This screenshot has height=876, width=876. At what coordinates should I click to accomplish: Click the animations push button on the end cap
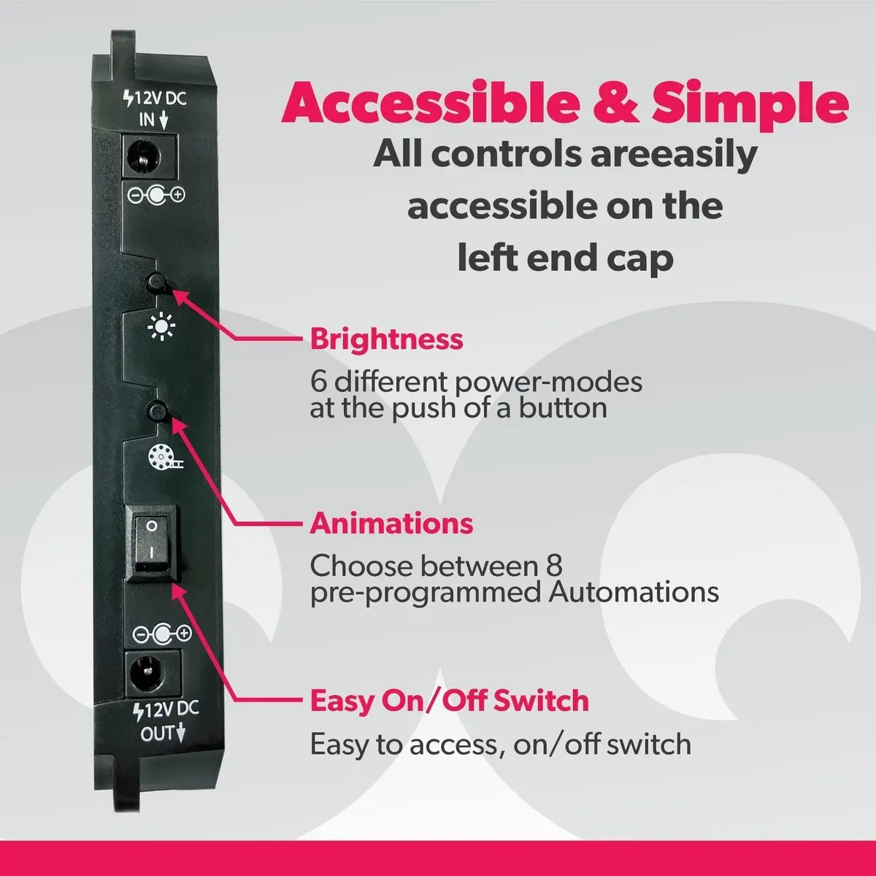point(158,412)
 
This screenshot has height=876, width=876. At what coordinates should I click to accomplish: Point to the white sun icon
point(161,326)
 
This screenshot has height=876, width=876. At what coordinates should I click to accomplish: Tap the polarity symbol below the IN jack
point(156,196)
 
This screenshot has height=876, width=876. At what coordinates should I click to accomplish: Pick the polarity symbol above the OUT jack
point(162,634)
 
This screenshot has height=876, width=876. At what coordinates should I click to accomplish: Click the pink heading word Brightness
point(386,339)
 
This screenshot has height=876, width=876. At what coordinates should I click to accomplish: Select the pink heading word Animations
point(391,523)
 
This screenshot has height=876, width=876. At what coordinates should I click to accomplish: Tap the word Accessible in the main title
point(430,101)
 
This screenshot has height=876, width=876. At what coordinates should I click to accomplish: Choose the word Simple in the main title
point(750,104)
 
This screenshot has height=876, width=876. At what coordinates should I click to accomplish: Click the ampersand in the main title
point(615,101)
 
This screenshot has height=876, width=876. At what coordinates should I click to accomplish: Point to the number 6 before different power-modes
point(318,381)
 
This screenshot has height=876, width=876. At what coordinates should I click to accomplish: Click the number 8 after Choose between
point(553,565)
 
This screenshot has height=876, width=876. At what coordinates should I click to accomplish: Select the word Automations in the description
point(634,592)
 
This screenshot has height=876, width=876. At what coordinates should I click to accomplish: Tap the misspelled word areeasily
point(674,155)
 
